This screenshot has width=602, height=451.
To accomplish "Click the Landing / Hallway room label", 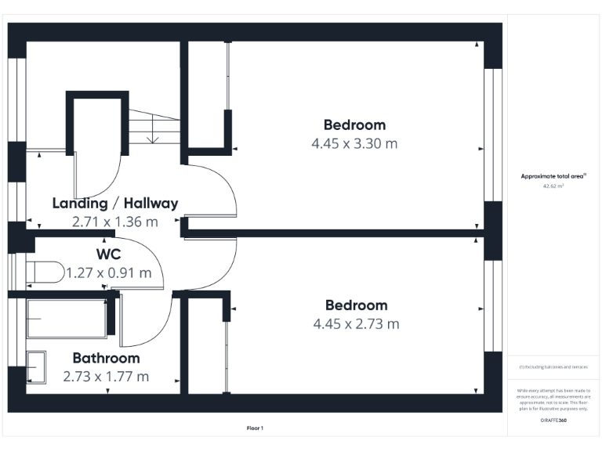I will [114, 203].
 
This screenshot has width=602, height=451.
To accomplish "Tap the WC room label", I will [109, 254].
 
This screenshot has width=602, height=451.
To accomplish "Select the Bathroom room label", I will [107, 358].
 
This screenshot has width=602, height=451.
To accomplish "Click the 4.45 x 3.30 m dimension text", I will [354, 143].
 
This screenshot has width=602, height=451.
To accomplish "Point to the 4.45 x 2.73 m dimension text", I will [356, 323].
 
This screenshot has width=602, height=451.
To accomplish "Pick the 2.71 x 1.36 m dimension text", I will [114, 222].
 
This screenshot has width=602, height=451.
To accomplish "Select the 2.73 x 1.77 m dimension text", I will [107, 377].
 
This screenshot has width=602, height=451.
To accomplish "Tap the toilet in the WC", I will [44, 272].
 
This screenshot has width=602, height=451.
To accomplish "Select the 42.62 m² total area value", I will [554, 186].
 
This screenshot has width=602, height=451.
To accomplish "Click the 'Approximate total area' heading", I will [553, 176].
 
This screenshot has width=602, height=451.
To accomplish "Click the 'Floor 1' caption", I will [256, 428].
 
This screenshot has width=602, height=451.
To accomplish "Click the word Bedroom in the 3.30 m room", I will [354, 124].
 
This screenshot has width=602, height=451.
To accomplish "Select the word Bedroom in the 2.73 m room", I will [356, 305].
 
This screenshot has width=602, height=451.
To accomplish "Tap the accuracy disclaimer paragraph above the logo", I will [554, 399].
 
